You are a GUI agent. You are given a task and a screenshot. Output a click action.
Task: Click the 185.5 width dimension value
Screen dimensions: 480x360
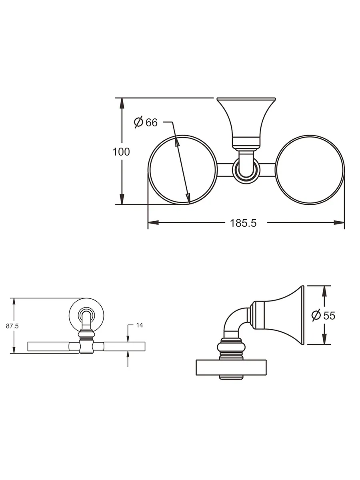point(243,223)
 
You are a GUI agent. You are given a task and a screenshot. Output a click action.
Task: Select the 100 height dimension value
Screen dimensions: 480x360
point(121,152)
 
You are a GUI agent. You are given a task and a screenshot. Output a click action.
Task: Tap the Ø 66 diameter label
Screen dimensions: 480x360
point(146,122)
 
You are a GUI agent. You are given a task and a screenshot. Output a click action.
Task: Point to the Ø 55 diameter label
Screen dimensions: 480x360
point(323,316)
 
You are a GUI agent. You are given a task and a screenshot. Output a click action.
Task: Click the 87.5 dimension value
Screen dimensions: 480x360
point(12,326)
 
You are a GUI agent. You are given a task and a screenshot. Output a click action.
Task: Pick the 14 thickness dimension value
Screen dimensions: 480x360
point(139,326)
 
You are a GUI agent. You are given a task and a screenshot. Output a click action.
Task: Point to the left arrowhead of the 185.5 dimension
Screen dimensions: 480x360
point(151,222)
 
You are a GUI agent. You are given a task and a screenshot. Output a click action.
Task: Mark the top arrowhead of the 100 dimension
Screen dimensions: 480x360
point(121,101)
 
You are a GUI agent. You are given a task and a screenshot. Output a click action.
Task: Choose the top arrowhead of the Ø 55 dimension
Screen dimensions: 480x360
point(323,289)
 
